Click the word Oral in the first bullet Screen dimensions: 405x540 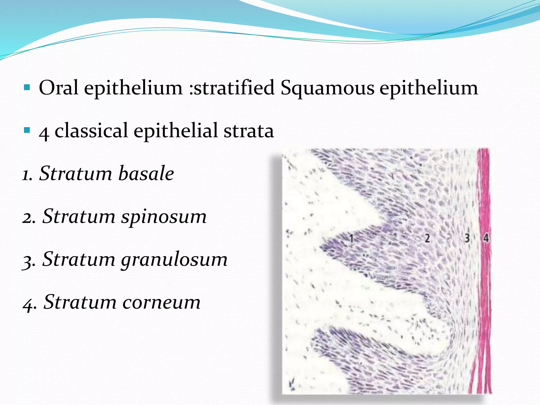point(58,88)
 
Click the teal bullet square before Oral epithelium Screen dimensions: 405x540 point(27,87)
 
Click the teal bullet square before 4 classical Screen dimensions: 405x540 point(27,130)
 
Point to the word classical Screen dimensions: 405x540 point(91,131)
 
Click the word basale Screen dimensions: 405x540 point(146,173)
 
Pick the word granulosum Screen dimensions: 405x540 point(174,260)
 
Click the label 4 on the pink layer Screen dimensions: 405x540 point(486,238)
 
